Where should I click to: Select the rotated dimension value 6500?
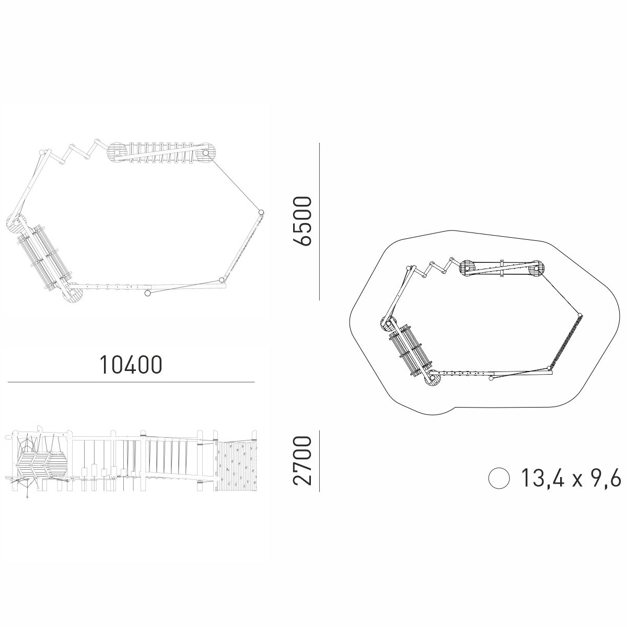[303, 221]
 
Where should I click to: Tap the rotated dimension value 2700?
[303, 461]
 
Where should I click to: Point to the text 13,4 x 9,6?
[571, 478]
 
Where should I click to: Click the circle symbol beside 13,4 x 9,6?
[499, 478]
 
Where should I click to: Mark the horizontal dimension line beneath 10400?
[131, 382]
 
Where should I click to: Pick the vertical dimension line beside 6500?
[320, 221]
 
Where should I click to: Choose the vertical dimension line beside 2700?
[320, 461]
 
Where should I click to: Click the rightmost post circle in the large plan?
[261, 212]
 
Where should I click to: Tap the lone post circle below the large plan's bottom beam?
[147, 293]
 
